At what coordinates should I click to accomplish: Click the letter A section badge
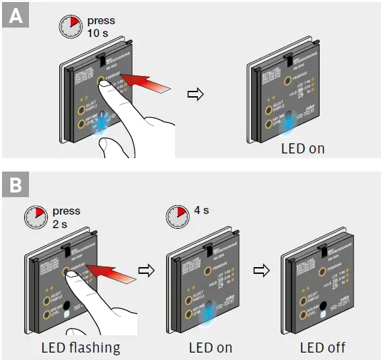click(15, 15)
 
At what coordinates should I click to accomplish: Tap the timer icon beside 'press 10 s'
click(71, 27)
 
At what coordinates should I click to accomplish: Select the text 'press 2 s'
click(65, 217)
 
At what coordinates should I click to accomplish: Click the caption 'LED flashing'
click(81, 347)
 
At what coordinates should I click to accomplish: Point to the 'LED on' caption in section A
click(302, 148)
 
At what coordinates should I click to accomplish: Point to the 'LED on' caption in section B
click(209, 347)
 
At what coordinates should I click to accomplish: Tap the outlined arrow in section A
click(195, 94)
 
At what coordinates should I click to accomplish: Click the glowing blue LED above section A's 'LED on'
click(289, 124)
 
